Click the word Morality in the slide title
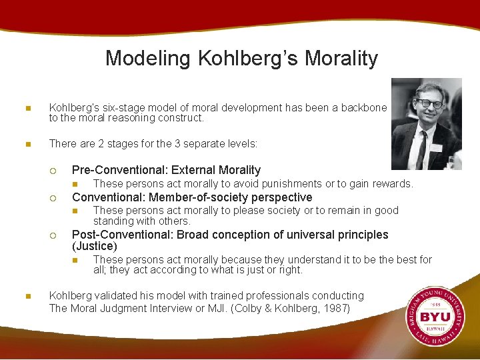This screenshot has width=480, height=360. tap(341, 59)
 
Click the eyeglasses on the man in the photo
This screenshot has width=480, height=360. tap(429, 104)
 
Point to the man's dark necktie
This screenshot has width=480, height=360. tap(422, 149)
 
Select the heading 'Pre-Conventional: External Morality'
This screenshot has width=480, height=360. tap(166, 170)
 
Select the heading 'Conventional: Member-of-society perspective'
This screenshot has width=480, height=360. tap(192, 197)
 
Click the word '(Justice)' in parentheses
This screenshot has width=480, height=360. tap(94, 246)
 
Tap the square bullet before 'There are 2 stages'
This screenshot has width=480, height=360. tap(27, 144)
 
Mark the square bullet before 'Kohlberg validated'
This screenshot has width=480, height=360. tap(27, 296)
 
